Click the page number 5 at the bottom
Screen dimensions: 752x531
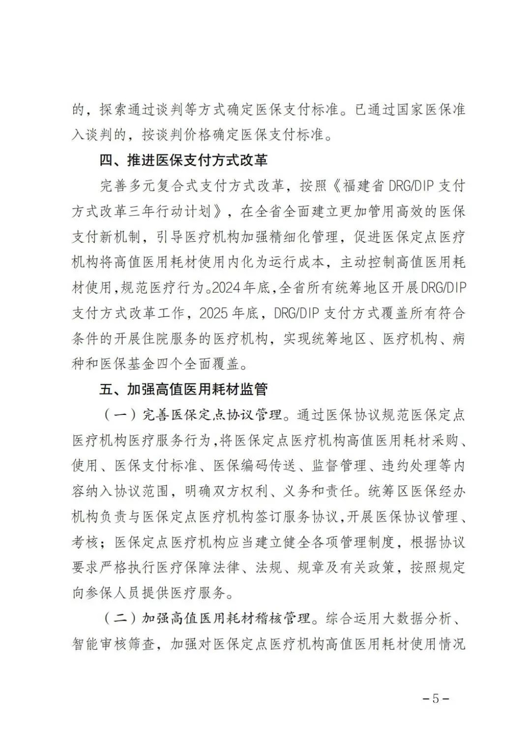436,699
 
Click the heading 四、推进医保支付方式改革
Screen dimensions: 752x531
183,160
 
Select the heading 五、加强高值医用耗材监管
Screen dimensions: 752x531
183,389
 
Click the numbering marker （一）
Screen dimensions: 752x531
121,415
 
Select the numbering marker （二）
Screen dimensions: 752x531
121,618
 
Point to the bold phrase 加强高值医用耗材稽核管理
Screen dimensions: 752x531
226,618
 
